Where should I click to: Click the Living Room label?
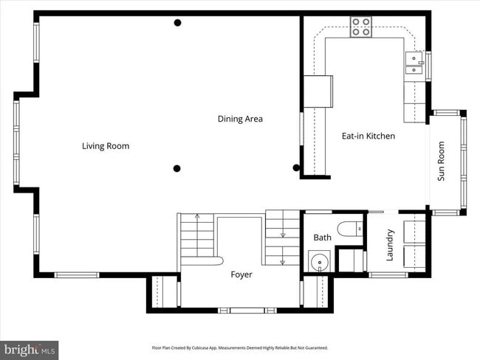coord(106,146)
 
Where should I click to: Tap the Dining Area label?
coord(240,119)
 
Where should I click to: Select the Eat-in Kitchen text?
coord(368,136)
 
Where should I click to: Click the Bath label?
coord(323,238)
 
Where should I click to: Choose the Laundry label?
coord(390,245)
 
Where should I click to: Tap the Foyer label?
coord(241,274)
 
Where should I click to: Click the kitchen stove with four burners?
coord(361,27)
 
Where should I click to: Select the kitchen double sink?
coord(414,64)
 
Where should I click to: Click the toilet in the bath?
coord(349,229)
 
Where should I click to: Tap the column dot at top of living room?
coord(177,23)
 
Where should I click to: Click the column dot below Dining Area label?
coord(177,168)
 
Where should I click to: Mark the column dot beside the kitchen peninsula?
coord(296,167)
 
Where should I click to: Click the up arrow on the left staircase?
coord(198,216)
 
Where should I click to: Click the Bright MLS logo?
coord(30,349)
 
